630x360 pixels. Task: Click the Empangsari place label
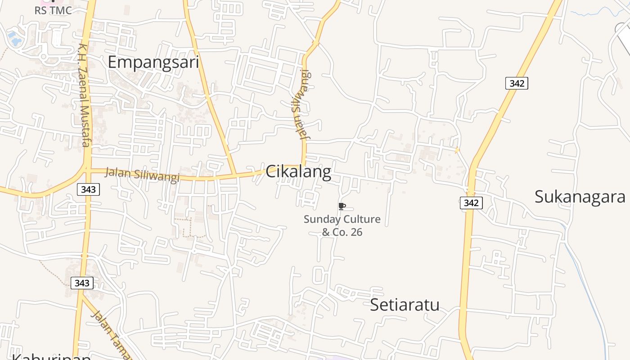pos(153,62)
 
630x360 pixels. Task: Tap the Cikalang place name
pos(298,171)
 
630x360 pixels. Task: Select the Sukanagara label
pos(580,197)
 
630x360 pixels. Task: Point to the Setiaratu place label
pos(405,305)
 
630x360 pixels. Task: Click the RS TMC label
pos(53,10)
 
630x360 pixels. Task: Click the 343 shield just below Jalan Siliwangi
pos(88,189)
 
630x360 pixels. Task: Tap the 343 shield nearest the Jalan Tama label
pos(82,283)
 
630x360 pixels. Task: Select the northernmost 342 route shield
pos(517,83)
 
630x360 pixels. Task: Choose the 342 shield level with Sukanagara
pos(471,203)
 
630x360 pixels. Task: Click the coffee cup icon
pos(342,206)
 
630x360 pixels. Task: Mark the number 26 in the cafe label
pos(356,232)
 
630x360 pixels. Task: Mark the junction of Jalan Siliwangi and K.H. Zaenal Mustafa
pos(86,170)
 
